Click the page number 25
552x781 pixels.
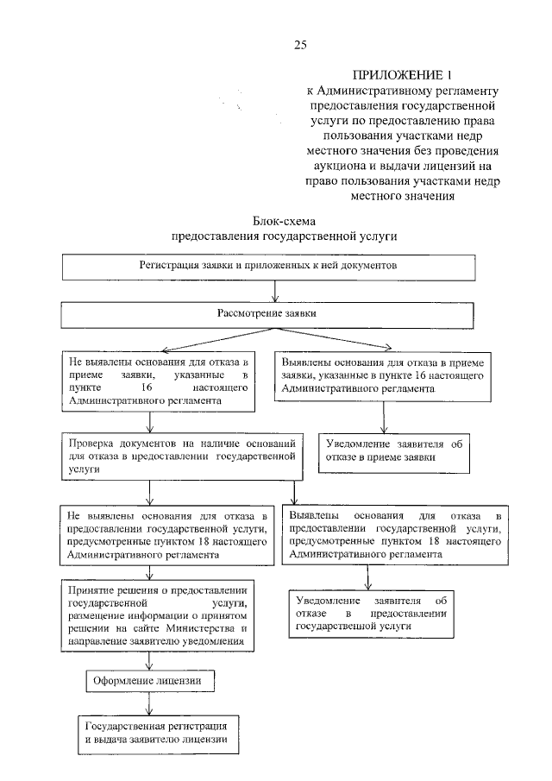299,44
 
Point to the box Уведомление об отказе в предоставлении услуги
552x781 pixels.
370,614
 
